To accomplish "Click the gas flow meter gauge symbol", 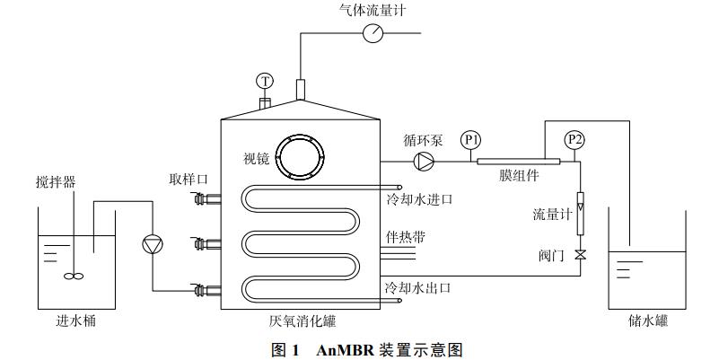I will point(372,34).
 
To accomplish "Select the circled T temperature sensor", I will point(264,82).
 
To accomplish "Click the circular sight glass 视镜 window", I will point(299,158).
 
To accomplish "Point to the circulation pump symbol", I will point(423,162).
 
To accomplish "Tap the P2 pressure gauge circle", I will point(574,140).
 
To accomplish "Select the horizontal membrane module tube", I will point(518,162).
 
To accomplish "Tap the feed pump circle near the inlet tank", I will point(152,243).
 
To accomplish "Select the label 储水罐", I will point(648,320).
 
